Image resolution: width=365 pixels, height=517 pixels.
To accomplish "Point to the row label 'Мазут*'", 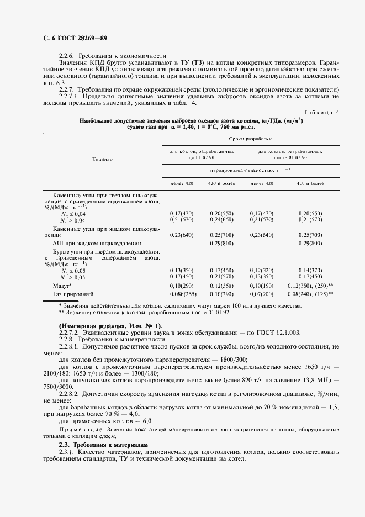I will pyautogui.click(x=62, y=287).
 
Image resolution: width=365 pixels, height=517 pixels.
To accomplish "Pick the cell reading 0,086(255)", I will pyautogui.click(x=181, y=295).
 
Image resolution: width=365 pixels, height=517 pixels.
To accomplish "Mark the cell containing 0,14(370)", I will pyautogui.click(x=310, y=270).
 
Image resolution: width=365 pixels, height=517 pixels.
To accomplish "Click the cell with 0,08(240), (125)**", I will pyautogui.click(x=310, y=295).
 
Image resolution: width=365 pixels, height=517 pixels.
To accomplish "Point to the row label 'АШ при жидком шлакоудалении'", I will pyautogui.click(x=97, y=243).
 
